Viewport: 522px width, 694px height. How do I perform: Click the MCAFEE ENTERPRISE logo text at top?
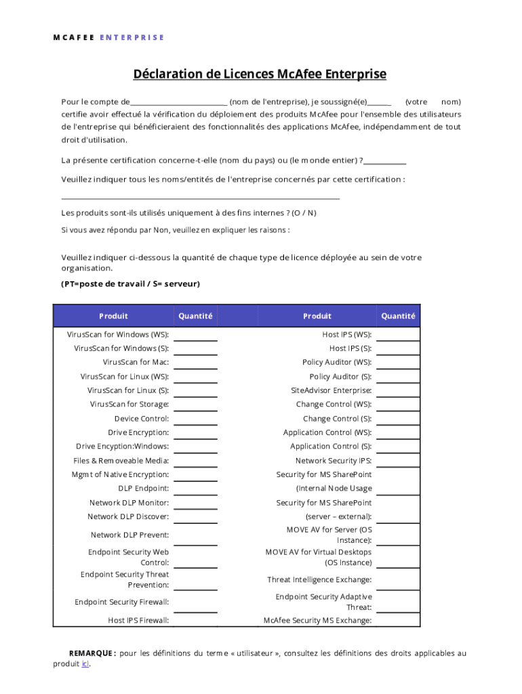tap(108, 37)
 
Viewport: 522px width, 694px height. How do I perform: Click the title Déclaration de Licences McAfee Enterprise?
tap(260, 74)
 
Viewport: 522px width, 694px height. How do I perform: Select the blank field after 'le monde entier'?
tap(385, 161)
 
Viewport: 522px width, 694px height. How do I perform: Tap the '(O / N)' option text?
tap(304, 213)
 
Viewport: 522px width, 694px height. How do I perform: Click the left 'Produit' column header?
tap(113, 316)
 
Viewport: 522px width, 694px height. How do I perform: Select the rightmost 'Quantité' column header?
tap(398, 316)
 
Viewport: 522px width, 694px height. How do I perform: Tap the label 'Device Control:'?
tap(141, 419)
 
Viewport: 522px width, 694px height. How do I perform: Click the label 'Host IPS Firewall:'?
tap(138, 620)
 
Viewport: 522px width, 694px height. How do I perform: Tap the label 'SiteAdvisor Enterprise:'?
tap(331, 390)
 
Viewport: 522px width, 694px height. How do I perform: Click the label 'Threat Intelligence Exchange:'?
tap(319, 580)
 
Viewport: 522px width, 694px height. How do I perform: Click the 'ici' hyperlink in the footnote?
tap(85, 664)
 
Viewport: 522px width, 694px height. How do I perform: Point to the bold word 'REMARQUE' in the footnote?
tap(92, 653)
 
